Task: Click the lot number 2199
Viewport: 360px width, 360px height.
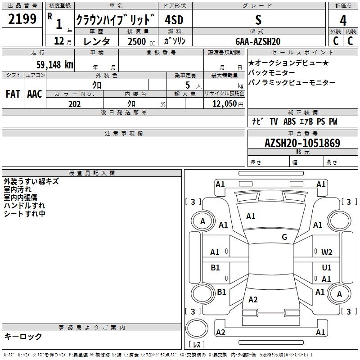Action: [x=22, y=20]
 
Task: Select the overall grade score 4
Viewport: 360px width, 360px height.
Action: [x=343, y=21]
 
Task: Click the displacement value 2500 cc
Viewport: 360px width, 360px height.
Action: [x=138, y=41]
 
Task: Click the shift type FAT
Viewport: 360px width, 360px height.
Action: [x=13, y=94]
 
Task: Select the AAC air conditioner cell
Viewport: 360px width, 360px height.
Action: [x=35, y=94]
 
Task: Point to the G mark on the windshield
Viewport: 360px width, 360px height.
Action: [x=284, y=237]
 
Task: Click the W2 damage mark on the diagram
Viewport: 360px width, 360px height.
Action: [x=327, y=252]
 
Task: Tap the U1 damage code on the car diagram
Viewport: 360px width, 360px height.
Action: [x=327, y=267]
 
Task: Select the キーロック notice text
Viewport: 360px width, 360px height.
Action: [x=23, y=336]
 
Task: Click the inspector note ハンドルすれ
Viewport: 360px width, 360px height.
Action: [x=24, y=205]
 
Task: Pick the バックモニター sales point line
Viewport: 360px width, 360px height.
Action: [x=272, y=72]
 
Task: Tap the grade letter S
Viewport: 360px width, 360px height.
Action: [x=258, y=20]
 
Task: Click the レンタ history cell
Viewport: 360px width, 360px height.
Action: [x=97, y=41]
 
